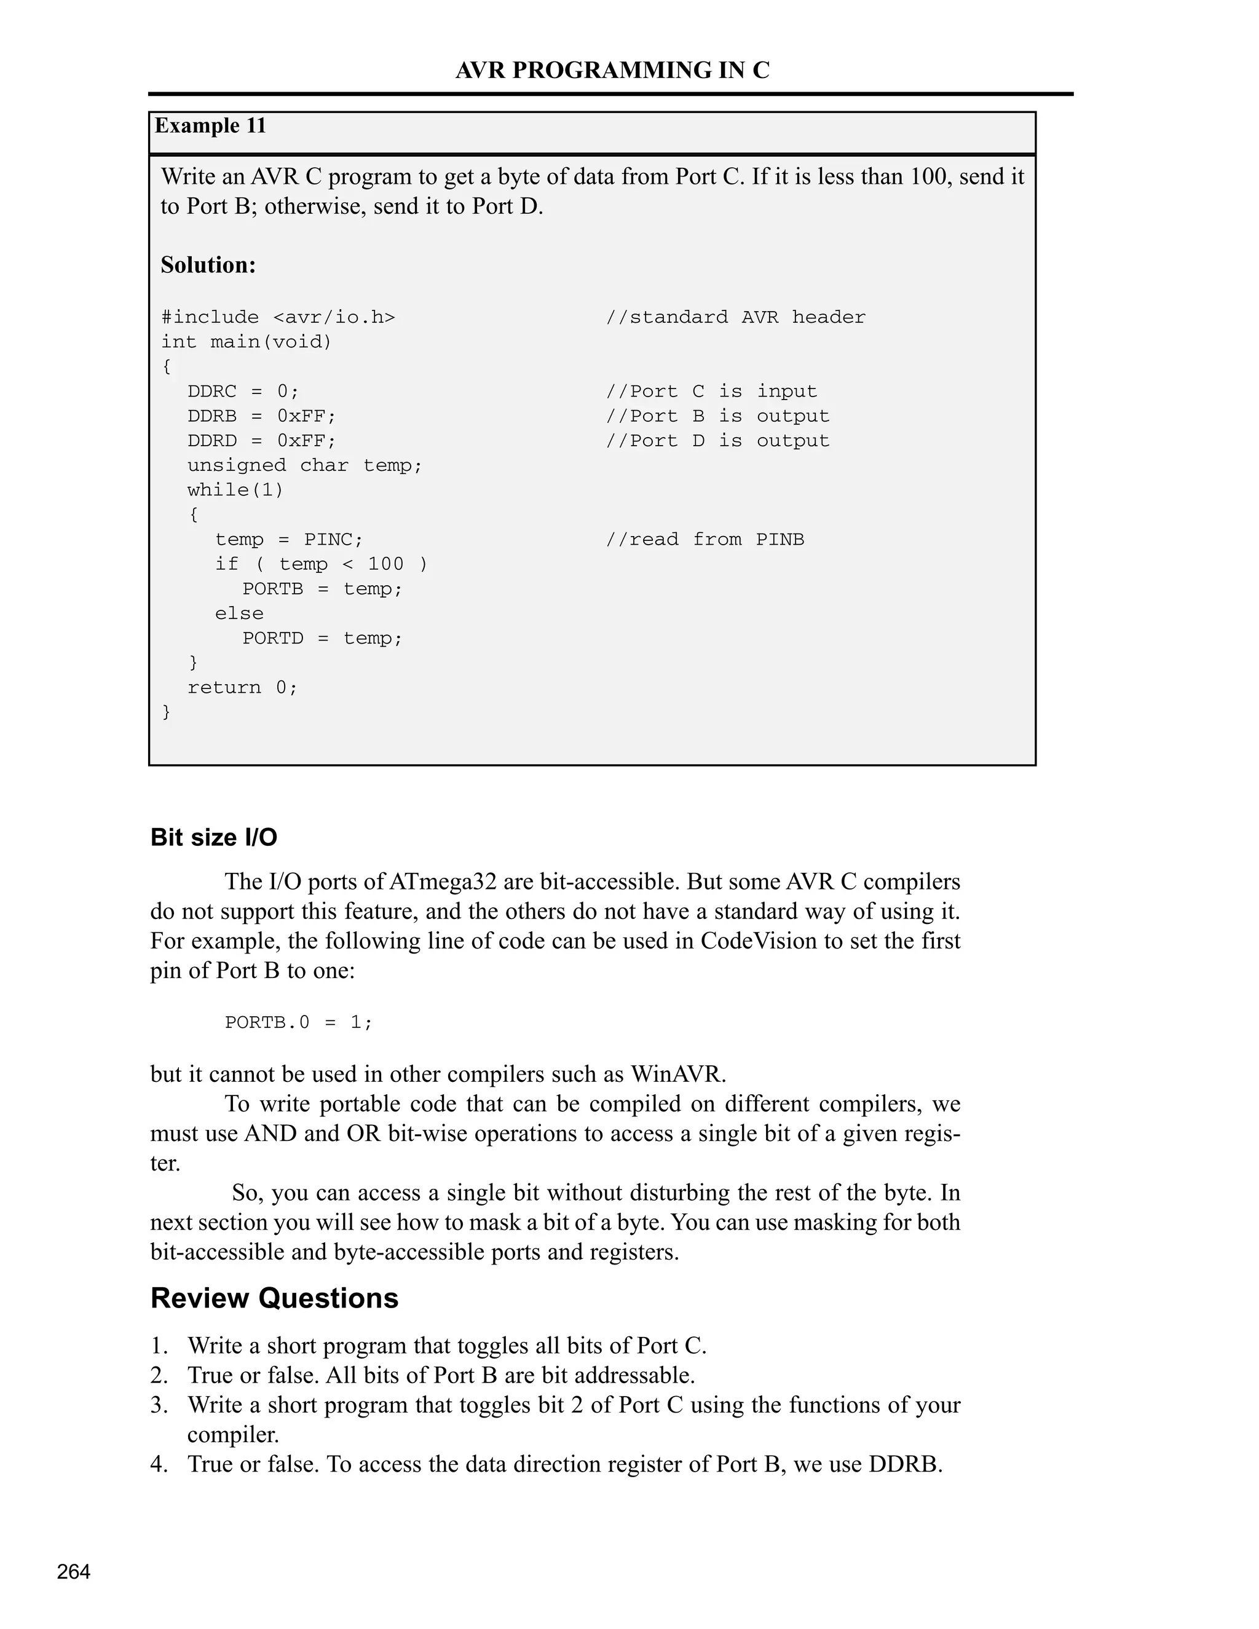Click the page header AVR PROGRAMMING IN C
pos(612,70)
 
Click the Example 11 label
pos(210,125)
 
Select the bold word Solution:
pos(208,265)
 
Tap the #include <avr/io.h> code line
pos(278,317)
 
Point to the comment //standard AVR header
pos(735,317)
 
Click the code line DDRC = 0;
pos(242,391)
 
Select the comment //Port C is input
pos(711,391)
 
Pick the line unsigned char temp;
pos(304,465)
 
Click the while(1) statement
pos(235,489)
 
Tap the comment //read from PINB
pos(705,539)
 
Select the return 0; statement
pos(242,687)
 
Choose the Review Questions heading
pos(274,1298)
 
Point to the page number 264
pos(74,1572)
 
